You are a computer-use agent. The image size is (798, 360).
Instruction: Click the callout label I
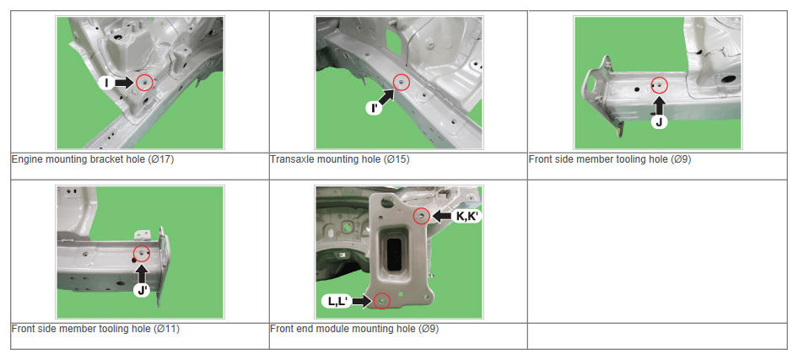(x=106, y=83)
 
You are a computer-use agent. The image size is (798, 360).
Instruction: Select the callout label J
(x=660, y=122)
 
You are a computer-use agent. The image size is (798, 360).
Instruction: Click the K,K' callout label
(x=466, y=216)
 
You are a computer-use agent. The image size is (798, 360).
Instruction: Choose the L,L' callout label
(x=337, y=302)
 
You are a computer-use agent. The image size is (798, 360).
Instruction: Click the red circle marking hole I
(x=145, y=83)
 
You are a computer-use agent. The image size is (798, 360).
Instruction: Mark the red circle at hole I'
(x=402, y=83)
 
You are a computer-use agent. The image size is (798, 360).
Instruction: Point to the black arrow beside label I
(x=124, y=83)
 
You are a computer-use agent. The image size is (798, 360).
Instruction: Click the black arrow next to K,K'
(x=440, y=216)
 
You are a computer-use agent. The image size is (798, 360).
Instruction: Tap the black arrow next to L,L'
(x=361, y=302)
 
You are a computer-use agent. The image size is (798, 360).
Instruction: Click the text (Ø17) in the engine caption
(x=161, y=159)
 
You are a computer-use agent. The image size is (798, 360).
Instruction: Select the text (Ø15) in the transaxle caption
(x=396, y=159)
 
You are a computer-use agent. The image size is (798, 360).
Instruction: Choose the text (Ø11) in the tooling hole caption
(x=166, y=329)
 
